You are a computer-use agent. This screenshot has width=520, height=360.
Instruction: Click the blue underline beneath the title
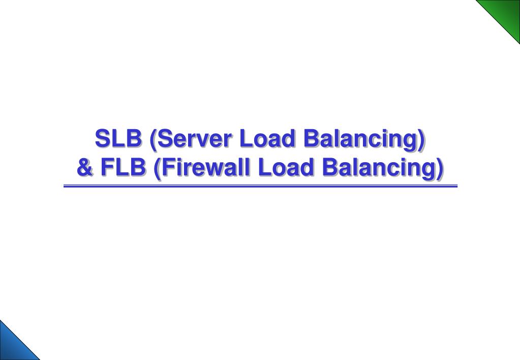tap(260, 187)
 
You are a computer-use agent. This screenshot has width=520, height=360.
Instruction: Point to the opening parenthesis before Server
tap(151, 139)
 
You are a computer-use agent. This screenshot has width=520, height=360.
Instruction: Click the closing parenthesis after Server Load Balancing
tap(420, 139)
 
